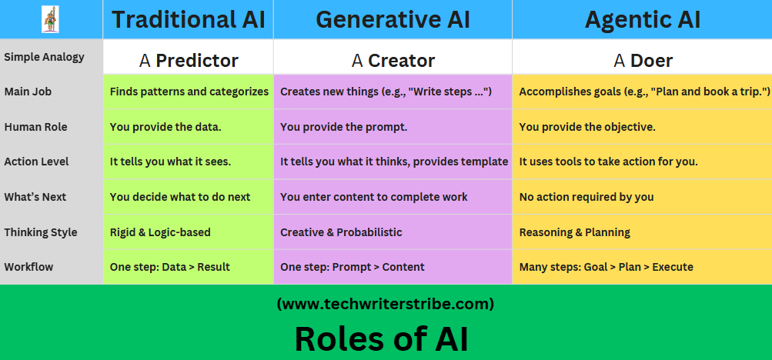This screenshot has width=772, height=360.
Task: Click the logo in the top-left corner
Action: pos(52,18)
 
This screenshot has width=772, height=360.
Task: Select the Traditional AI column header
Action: pos(188,19)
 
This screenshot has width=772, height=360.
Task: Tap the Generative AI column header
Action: pos(393,19)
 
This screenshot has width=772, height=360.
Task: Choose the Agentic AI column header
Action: pos(642,19)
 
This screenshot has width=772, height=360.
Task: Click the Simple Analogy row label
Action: pos(44,57)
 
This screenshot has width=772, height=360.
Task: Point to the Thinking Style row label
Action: pos(41,232)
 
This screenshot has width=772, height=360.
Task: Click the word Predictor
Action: pos(197,61)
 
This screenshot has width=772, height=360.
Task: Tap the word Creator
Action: pos(401,61)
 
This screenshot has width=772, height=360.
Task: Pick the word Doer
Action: pos(651,61)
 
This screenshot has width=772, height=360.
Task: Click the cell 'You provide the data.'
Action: pos(165,127)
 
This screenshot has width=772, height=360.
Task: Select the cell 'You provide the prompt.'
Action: pos(343,127)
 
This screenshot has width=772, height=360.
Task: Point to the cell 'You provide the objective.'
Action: pos(587,127)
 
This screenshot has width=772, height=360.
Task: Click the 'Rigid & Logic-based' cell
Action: pos(160,232)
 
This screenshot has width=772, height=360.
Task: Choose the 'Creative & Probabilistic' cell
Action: pos(341,232)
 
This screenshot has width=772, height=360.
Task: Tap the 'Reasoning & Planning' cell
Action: pos(575,232)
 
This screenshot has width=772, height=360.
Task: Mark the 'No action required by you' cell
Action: pos(587,197)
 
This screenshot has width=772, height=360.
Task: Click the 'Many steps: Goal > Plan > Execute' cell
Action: pos(607,267)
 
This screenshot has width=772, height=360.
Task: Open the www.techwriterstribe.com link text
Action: pos(385,304)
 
